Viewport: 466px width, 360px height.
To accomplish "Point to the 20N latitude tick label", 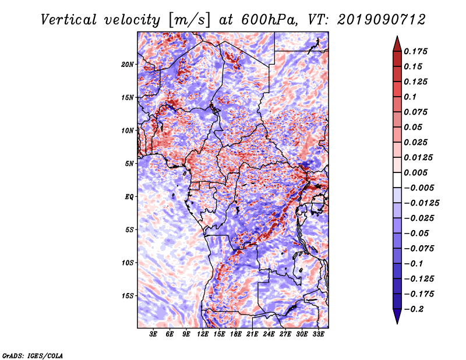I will pyautogui.click(x=128, y=64).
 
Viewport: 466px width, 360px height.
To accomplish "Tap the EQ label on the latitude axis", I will pyautogui.click(x=130, y=197).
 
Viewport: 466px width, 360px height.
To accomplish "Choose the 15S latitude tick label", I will pyautogui.click(x=128, y=296).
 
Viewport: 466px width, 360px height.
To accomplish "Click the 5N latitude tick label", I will pyautogui.click(x=129, y=164).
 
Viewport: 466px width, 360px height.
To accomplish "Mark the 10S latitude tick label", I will pyautogui.click(x=128, y=263).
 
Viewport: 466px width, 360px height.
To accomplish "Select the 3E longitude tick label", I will pyautogui.click(x=154, y=335).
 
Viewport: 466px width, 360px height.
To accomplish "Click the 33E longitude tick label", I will pyautogui.click(x=318, y=335).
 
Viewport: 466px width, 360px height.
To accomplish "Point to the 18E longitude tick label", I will pyautogui.click(x=236, y=335).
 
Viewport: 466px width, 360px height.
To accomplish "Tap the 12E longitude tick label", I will pyautogui.click(x=203, y=335).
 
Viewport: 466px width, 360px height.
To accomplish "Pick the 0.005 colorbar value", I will pyautogui.click(x=417, y=172).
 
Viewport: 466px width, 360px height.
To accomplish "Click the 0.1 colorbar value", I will pyautogui.click(x=411, y=97).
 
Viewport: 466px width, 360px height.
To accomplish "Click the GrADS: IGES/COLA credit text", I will pyautogui.click(x=33, y=355).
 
